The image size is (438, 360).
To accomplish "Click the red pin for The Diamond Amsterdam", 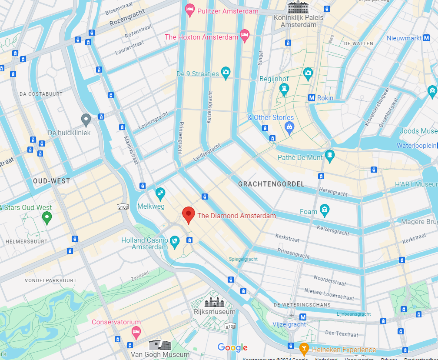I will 188,215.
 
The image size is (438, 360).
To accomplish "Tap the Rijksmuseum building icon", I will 214,301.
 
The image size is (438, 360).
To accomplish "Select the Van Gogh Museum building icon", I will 159,345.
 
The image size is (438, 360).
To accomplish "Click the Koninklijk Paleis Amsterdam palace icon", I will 298,7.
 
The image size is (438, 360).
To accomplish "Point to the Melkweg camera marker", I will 160,193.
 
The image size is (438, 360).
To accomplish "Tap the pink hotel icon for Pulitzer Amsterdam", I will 190,10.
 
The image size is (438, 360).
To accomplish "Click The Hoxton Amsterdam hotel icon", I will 245,35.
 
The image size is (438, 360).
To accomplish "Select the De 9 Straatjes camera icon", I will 225,73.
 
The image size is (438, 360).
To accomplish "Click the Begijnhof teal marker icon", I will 285,90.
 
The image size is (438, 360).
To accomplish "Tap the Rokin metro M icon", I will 312,98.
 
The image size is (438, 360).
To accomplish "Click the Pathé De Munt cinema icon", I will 330,155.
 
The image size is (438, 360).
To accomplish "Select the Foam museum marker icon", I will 325,210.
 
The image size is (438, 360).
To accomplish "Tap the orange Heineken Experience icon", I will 304,348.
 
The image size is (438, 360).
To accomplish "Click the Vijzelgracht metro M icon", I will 303,317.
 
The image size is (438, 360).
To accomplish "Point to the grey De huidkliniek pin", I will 86,120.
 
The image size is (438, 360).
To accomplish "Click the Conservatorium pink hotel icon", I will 136,332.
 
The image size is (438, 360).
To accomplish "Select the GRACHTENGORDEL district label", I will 271,184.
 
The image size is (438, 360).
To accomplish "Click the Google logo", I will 232,347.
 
